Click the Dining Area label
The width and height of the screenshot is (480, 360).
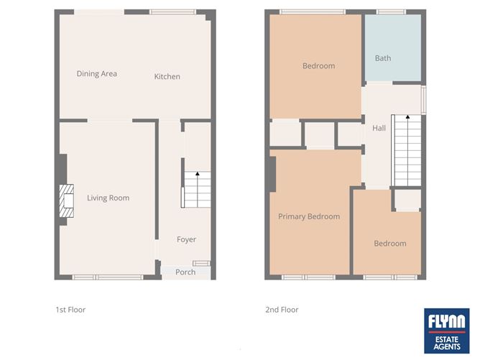pos(97,73)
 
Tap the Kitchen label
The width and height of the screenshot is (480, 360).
pos(167,76)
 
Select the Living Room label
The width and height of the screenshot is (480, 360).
pos(108,198)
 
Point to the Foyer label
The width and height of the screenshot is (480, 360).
pos(186,239)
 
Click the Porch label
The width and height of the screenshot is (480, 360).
pos(185,272)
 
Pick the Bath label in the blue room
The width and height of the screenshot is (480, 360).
pos(383,58)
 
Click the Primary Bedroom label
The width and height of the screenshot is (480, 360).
pos(309,216)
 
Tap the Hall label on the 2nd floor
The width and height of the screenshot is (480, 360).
pos(379,128)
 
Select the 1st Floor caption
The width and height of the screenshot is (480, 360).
pos(70,310)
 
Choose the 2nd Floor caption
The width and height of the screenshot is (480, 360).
pos(282,310)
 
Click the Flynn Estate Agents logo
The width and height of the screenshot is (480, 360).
pos(447,331)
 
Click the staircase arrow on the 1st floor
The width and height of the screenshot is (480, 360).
pos(198,175)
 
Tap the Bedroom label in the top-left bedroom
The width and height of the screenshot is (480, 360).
pos(318,66)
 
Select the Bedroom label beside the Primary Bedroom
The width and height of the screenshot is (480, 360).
pos(389,244)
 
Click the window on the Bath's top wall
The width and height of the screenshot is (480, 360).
pos(389,11)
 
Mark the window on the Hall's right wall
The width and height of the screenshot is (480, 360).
pos(423,99)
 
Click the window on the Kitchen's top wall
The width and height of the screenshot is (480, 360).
pos(172,11)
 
